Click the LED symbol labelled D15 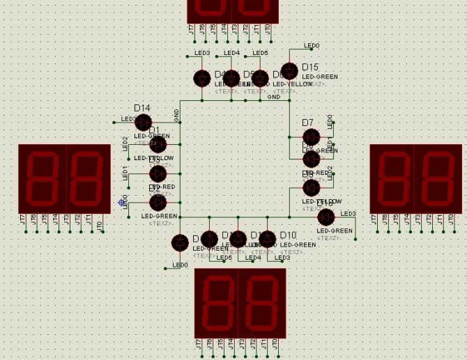[x=289, y=71]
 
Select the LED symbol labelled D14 [x=143, y=122]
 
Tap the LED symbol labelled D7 [x=311, y=137]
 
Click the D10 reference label [x=288, y=235]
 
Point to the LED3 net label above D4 [x=202, y=53]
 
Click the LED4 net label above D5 [x=231, y=53]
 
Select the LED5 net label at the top [x=260, y=53]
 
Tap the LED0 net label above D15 [x=312, y=46]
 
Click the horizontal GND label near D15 [x=274, y=97]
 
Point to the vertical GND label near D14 [x=176, y=116]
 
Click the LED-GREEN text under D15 [x=320, y=77]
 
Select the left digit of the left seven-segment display [x=41, y=178]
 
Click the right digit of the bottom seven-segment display [x=262, y=303]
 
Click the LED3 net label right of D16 [x=348, y=213]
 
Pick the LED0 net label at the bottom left [x=181, y=265]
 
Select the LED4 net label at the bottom [x=253, y=258]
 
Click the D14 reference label [x=142, y=108]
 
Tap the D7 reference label [x=308, y=123]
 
